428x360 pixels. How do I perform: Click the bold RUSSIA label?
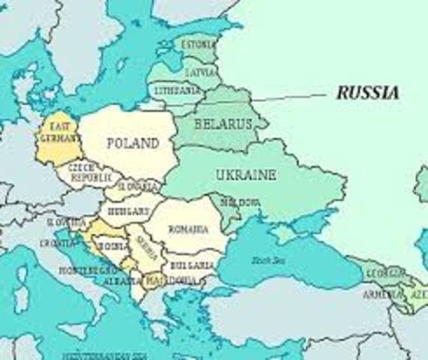click(367, 93)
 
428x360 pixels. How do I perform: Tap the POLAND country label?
click(132, 143)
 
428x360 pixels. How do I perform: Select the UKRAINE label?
click(246, 175)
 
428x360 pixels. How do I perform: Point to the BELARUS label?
click(223, 124)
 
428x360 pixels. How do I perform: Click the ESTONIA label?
click(198, 45)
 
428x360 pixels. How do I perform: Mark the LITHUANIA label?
click(178, 90)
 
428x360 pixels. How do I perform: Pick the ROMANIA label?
click(188, 229)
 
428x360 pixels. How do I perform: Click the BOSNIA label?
click(113, 246)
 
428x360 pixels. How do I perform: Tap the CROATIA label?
click(57, 244)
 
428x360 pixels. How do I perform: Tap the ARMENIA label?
click(380, 294)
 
